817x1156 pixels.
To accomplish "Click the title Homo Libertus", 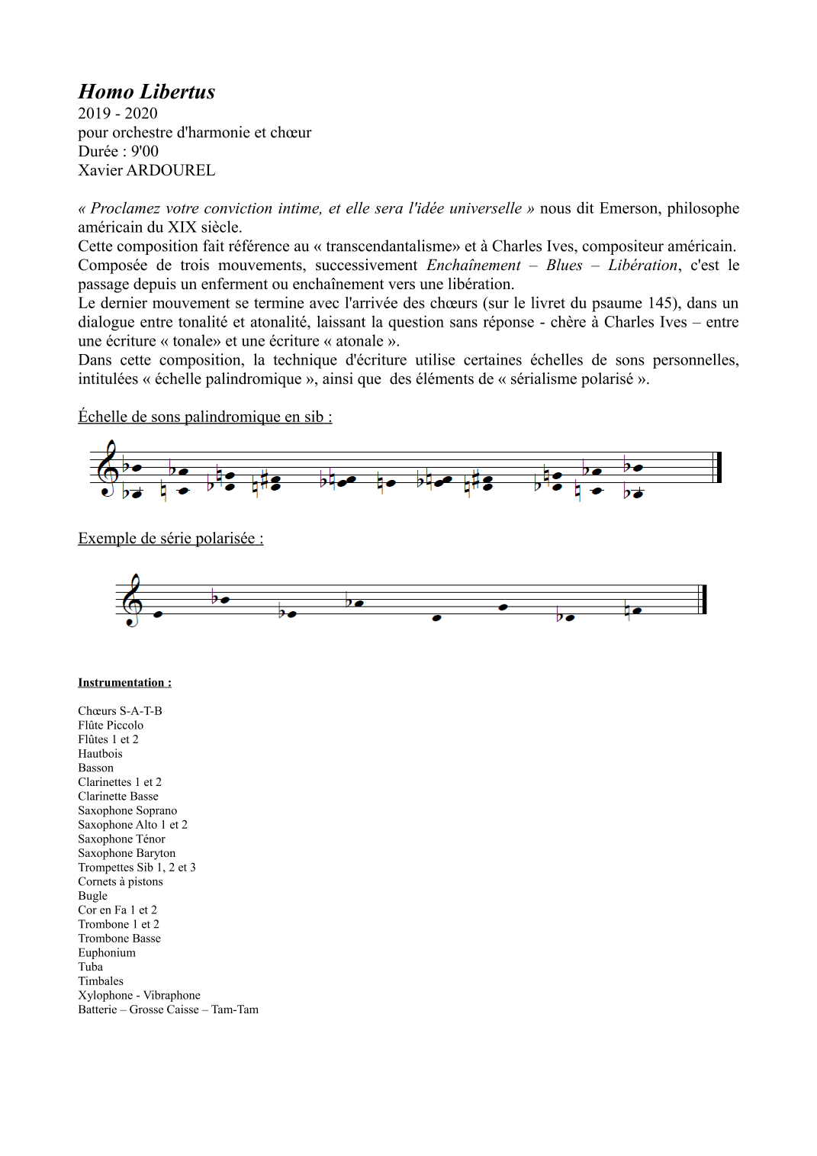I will [146, 92].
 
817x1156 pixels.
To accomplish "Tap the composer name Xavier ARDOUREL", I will [146, 170].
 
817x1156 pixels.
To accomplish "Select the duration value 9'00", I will [145, 151].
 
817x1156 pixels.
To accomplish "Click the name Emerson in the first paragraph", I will [629, 208].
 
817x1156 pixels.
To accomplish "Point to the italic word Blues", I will [564, 266].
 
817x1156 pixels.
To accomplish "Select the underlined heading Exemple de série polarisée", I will [170, 539].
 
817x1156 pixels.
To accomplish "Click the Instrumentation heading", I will [124, 683].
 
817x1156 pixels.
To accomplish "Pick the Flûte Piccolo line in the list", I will [111, 726].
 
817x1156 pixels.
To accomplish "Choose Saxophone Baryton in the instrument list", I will [127, 853].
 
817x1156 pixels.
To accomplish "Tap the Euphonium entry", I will [107, 953].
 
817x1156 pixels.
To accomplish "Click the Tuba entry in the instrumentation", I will [90, 967].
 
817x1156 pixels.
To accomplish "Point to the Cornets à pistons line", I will [121, 882].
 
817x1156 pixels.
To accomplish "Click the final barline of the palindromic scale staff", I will [717, 468].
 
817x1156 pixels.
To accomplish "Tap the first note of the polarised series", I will [159, 614].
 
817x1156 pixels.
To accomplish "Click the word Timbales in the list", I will [101, 981].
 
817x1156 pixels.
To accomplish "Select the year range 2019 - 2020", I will [117, 114].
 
